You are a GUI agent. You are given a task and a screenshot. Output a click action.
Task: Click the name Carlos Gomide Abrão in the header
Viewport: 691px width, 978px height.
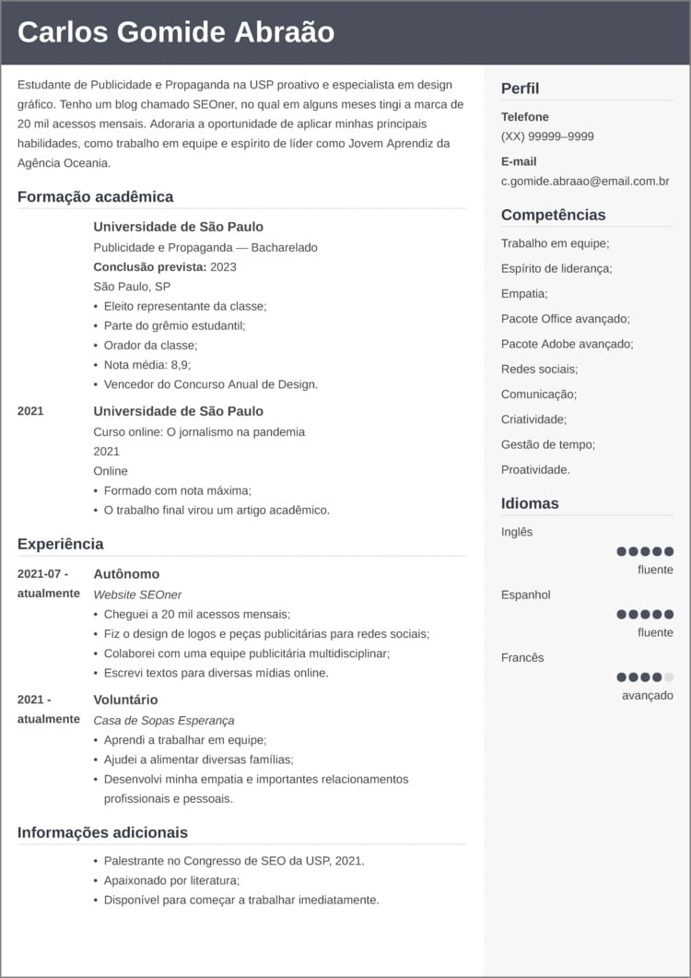[x=176, y=32]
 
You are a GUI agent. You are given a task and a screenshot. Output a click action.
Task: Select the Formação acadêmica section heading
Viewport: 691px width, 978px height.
[x=95, y=196]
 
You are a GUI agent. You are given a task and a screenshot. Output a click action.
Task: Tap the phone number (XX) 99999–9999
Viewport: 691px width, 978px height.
[x=547, y=136]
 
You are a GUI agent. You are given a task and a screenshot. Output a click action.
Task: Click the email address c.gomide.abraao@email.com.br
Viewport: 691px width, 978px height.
[x=585, y=182]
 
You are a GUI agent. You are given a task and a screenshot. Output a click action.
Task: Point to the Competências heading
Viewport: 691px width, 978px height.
[x=553, y=215]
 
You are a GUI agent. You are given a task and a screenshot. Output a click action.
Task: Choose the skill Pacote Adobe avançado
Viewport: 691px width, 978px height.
[x=567, y=344]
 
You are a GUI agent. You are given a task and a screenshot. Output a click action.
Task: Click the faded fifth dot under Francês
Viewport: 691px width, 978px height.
[x=669, y=677]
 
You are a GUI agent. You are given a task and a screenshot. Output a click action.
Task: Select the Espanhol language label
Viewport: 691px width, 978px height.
[x=525, y=595]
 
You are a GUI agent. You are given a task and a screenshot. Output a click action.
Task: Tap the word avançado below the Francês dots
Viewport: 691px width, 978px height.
[x=647, y=695]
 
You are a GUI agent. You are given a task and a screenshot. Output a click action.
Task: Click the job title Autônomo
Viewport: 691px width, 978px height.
[x=126, y=574]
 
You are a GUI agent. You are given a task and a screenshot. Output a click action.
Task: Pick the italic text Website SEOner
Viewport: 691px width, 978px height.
[x=137, y=595]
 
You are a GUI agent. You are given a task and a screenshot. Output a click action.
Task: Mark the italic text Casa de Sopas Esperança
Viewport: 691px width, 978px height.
[x=164, y=720]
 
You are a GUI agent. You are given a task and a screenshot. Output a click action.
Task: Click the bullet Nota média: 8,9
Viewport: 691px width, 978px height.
[x=146, y=365]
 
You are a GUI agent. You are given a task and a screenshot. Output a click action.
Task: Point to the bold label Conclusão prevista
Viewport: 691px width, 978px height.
[x=149, y=266]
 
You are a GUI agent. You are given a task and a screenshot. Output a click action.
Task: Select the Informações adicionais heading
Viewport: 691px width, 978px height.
[x=102, y=832]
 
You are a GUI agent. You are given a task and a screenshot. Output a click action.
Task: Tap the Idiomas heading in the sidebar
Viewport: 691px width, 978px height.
[x=530, y=503]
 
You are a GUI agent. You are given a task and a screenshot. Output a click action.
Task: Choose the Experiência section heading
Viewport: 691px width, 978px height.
[x=60, y=544]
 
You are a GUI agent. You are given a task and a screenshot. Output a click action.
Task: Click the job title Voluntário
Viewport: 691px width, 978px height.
[x=125, y=700]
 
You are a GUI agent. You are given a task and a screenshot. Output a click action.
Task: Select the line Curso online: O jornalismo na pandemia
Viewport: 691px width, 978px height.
[x=199, y=431]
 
